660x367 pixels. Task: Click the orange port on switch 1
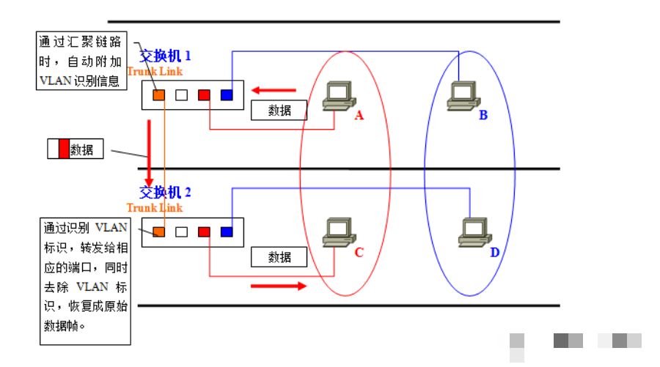click(158, 95)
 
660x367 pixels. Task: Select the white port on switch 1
click(181, 95)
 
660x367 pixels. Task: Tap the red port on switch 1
click(204, 95)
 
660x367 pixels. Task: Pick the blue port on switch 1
click(227, 95)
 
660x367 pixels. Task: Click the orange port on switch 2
click(158, 231)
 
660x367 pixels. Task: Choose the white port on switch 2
click(181, 231)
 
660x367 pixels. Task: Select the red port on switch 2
click(204, 231)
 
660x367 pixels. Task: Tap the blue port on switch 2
click(227, 231)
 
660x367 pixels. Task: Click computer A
click(340, 96)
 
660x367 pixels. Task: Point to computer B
click(463, 96)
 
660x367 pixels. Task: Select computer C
click(340, 232)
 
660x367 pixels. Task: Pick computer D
click(474, 232)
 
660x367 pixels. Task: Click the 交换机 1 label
click(165, 56)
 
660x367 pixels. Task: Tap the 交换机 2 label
click(165, 192)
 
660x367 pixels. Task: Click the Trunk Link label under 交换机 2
click(155, 207)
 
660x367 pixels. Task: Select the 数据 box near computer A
click(279, 110)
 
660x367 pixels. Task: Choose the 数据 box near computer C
click(279, 257)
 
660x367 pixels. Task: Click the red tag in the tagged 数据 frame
click(64, 149)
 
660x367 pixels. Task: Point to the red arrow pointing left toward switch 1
click(274, 90)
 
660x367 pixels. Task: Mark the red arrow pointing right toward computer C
click(279, 286)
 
